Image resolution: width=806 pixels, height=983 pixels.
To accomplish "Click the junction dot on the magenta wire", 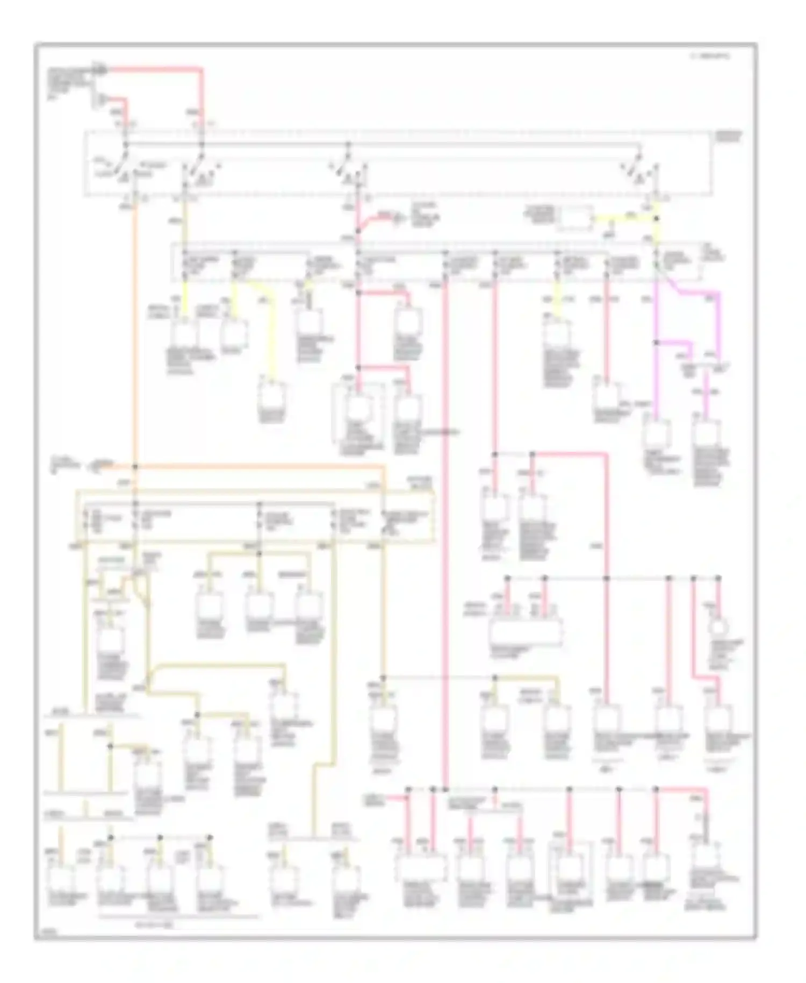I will click(656, 342).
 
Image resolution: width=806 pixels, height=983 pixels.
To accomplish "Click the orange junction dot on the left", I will click(135, 466).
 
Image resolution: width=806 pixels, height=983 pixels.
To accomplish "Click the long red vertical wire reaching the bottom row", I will click(445, 538).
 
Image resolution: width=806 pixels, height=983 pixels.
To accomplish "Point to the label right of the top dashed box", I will click(729, 136).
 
